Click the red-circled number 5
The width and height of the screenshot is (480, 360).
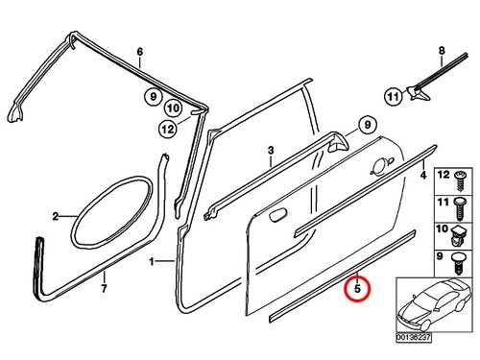357,288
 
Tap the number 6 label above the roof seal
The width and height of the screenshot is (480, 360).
140,52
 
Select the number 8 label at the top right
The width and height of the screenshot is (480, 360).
442,51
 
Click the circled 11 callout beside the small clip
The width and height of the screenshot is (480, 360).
393,96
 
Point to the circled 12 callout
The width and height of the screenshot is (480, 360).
168,130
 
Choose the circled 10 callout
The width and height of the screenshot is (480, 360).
173,108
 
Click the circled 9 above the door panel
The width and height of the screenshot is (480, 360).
367,125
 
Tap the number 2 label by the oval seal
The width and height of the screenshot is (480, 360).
56,217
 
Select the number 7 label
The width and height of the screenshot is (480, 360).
104,289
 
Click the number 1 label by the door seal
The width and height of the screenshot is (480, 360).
152,262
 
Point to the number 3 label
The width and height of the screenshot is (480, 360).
271,150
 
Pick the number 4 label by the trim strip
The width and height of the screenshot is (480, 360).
423,175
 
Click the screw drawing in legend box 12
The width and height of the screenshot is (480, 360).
461,180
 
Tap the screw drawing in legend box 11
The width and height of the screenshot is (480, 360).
461,208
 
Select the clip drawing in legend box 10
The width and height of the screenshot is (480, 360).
459,236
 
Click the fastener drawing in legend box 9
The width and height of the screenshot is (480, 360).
458,263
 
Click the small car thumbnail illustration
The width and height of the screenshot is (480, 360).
434,305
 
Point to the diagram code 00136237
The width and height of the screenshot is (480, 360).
414,337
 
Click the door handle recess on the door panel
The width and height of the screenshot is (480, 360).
277,214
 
